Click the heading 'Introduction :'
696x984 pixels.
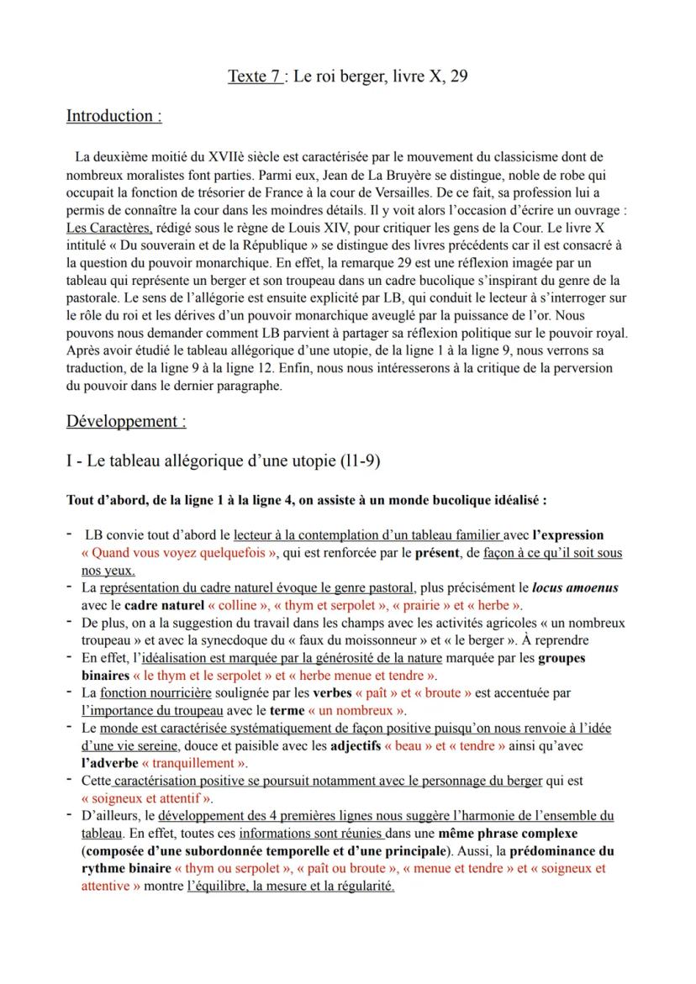113,116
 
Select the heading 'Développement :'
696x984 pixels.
126,420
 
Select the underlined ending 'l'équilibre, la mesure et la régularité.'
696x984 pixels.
290,886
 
